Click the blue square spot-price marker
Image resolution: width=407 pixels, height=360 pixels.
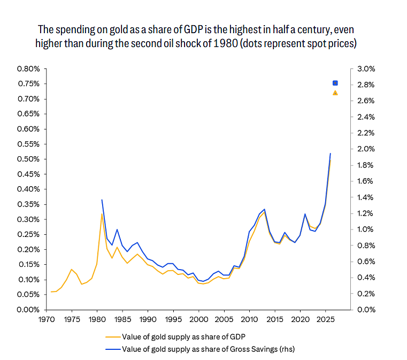pos(335,83)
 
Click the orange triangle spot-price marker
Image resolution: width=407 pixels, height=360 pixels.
pos(335,93)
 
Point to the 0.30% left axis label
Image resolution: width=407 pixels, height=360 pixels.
pos(28,219)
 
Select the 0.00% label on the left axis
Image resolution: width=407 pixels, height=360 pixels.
pos(28,310)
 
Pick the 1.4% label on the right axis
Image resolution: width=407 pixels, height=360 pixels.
pos(365,197)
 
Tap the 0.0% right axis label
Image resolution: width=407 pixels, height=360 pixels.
pos(366,310)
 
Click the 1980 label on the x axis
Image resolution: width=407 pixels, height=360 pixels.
pos(97,319)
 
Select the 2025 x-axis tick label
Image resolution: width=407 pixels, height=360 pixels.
pos(326,319)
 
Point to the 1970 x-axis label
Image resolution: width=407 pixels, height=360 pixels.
pos(47,319)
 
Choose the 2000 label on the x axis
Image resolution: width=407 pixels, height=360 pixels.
pos(199,319)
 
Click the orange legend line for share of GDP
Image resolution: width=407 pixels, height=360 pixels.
pos(113,337)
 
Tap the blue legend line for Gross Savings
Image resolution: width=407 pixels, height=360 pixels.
pos(113,349)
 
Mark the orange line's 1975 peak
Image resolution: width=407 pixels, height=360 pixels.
pos(72,270)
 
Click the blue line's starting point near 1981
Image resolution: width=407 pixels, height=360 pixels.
pos(102,200)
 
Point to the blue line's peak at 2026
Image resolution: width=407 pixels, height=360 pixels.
pos(331,154)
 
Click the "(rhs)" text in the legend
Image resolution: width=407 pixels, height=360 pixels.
pos(287,349)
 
